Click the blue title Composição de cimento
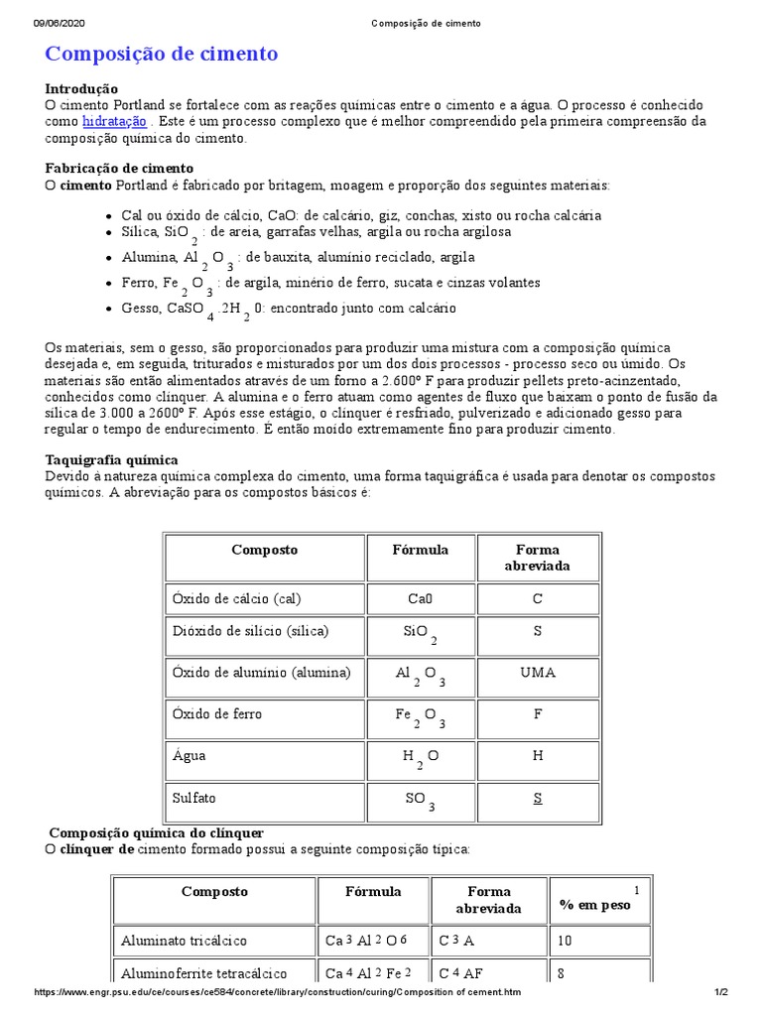point(162,54)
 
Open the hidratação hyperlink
point(114,121)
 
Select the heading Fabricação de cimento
point(120,169)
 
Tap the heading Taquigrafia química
point(112,460)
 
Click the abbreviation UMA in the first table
point(538,673)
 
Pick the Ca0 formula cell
point(421,598)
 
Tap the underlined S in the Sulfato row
point(537,797)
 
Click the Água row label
point(190,755)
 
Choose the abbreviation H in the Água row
point(538,755)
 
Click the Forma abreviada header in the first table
point(538,558)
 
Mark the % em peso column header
point(595,905)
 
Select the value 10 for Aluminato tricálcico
point(566,940)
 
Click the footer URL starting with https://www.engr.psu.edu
point(277,992)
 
